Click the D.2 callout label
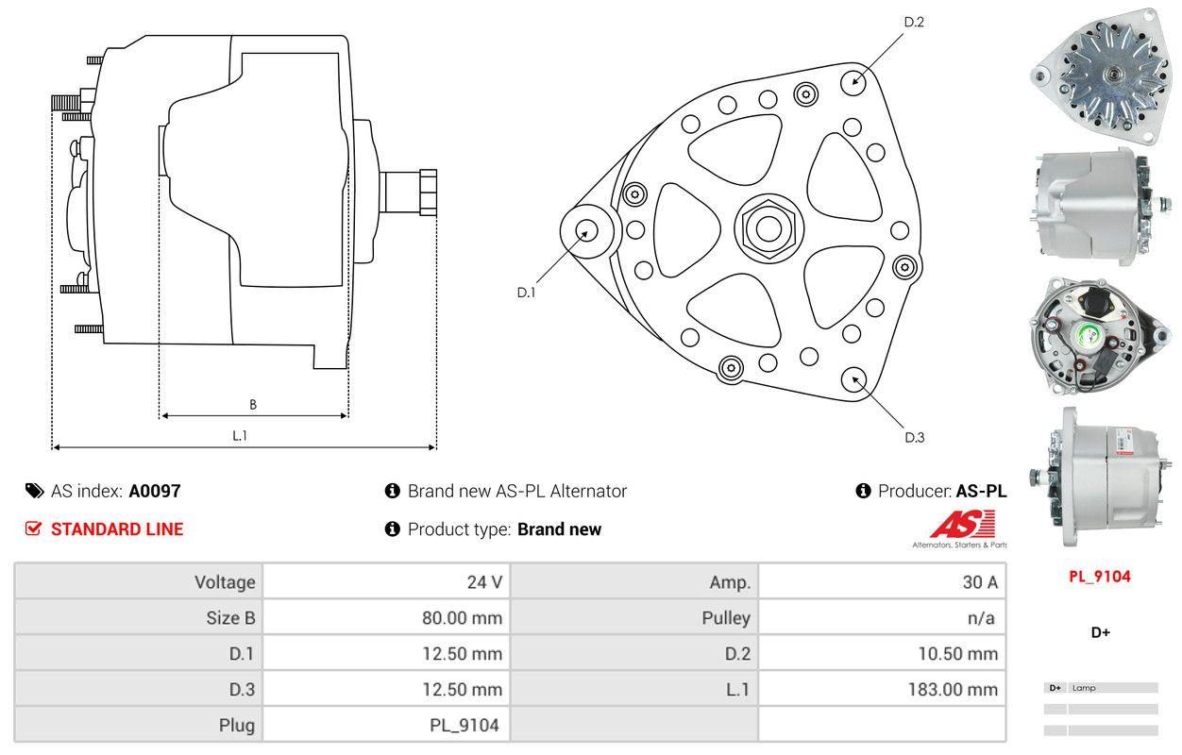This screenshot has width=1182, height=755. coord(913,22)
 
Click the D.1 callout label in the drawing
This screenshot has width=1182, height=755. coord(526,293)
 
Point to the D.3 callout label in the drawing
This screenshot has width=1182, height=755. coord(914,437)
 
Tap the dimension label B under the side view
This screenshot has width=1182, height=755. coord(253,405)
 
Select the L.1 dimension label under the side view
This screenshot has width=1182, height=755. coord(240,435)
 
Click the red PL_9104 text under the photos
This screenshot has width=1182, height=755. coord(1099,577)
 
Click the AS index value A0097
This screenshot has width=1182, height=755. coord(155,491)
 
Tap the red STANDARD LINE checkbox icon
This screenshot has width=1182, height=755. coord(33,528)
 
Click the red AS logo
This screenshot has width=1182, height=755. coord(961,524)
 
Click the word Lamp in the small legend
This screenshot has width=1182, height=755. coord(1084,688)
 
